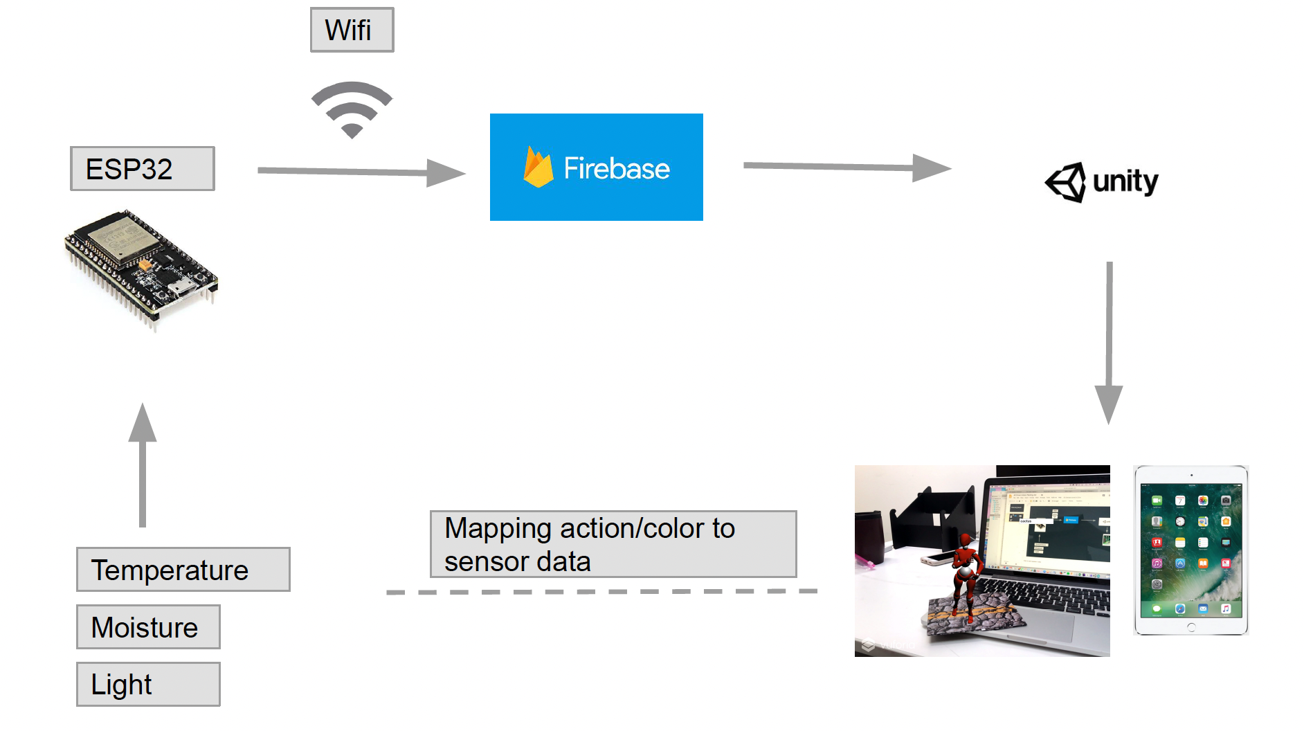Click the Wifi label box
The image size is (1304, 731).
(x=352, y=30)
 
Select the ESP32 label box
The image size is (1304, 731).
(x=143, y=168)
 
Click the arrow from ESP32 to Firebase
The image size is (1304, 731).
(x=360, y=171)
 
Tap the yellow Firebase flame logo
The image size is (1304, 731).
(x=538, y=168)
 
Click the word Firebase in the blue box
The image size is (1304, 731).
(x=617, y=169)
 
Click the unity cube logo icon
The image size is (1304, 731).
(x=1066, y=182)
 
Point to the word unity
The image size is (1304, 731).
(x=1125, y=181)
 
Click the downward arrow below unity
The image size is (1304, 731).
(x=1109, y=343)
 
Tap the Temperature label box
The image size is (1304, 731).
(x=183, y=570)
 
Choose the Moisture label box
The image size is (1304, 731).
(x=148, y=627)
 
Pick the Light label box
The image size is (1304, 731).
(x=148, y=684)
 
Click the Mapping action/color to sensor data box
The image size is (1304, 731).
(x=613, y=544)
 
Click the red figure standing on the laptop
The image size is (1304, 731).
(x=964, y=571)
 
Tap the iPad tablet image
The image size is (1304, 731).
(x=1190, y=550)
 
